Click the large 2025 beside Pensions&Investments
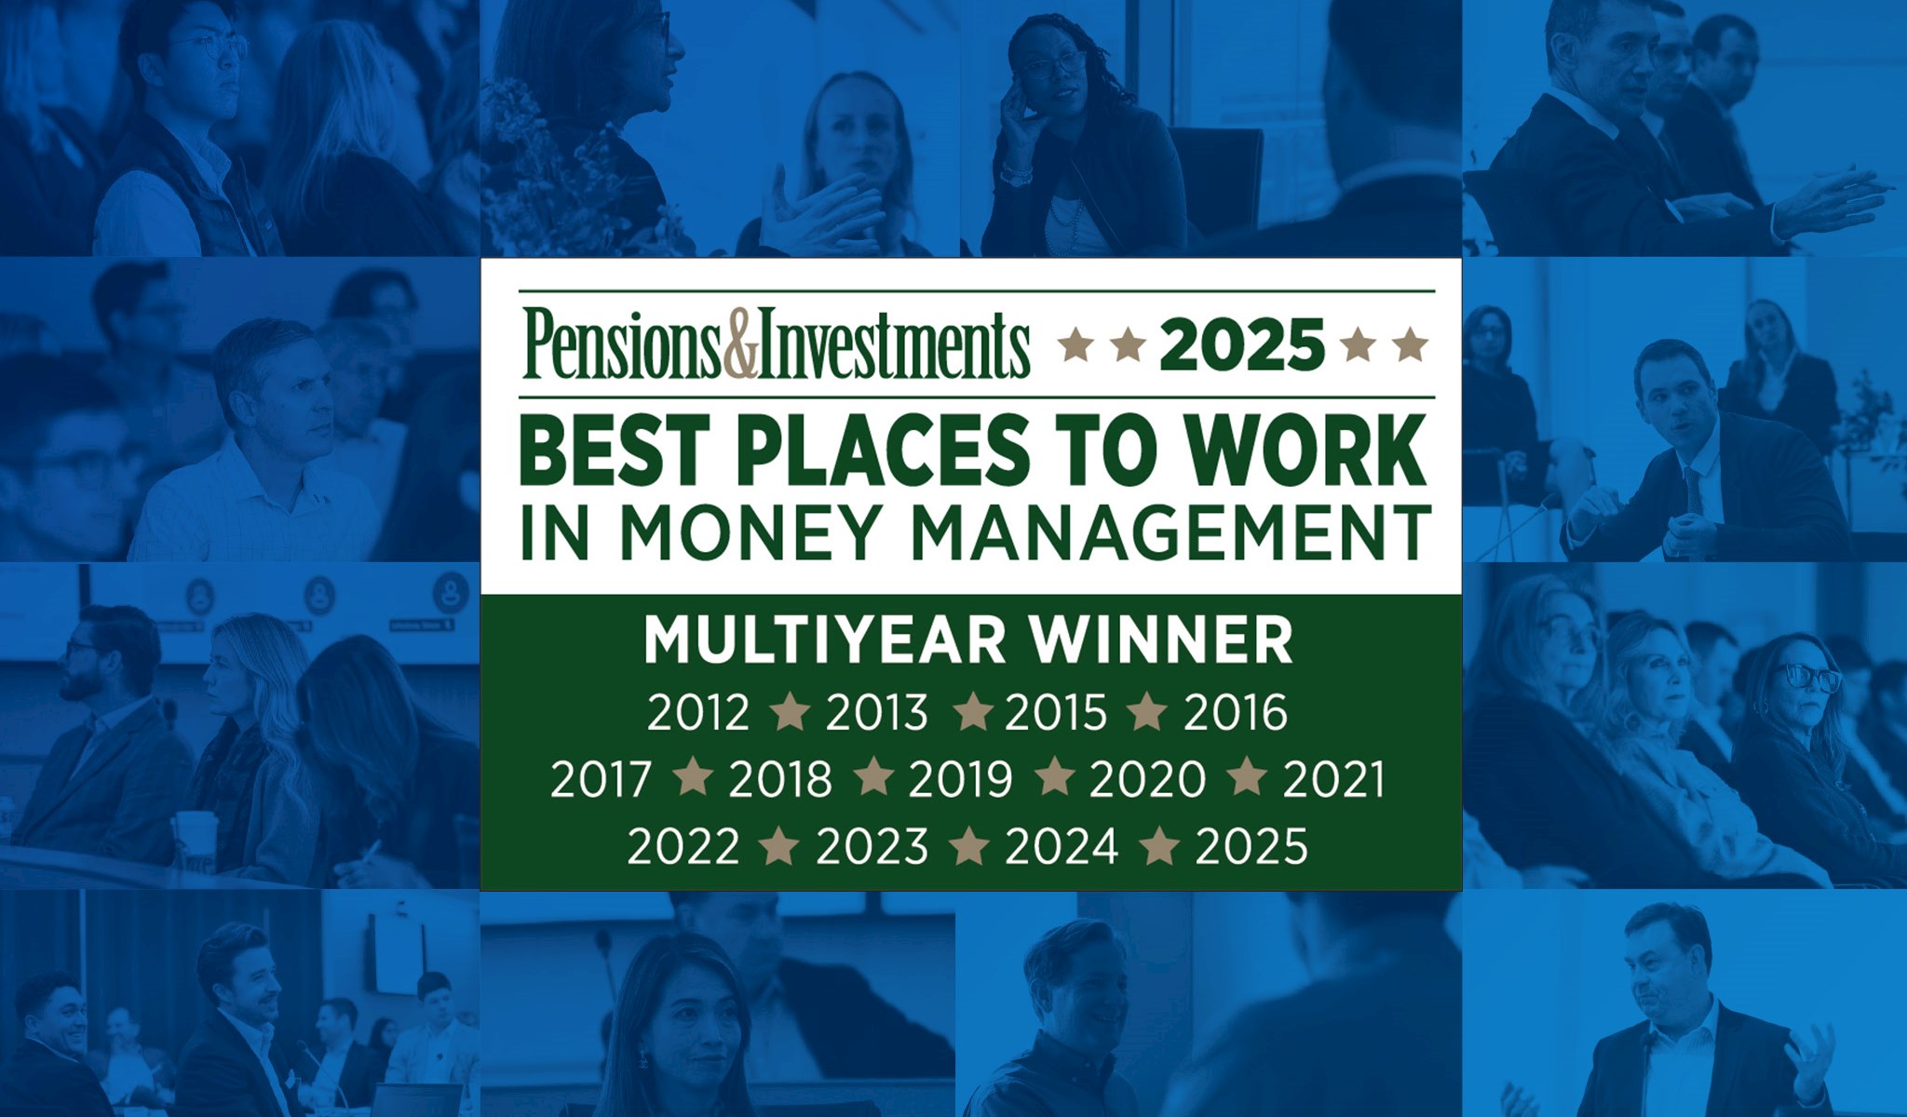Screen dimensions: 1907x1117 tap(1242, 344)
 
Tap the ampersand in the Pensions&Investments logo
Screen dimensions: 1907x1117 tap(741, 343)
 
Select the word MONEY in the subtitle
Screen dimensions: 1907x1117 tap(750, 532)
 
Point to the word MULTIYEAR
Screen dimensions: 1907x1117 tap(826, 640)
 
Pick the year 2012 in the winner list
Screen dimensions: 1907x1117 tap(698, 713)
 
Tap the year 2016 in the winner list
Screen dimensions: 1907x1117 tap(1236, 713)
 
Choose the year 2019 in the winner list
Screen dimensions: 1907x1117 tap(960, 780)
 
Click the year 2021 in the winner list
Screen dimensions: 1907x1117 tap(1333, 780)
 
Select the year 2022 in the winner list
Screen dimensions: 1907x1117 tap(683, 847)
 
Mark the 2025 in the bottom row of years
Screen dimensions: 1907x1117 tap(1251, 847)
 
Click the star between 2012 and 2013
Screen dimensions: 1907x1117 tap(790, 712)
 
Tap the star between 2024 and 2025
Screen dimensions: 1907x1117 tap(1159, 846)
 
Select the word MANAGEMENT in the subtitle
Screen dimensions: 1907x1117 tap(1170, 532)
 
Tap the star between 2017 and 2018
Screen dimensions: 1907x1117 tap(692, 779)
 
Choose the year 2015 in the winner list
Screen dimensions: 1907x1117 tap(1056, 713)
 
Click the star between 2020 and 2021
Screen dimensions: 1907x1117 tap(1247, 779)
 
